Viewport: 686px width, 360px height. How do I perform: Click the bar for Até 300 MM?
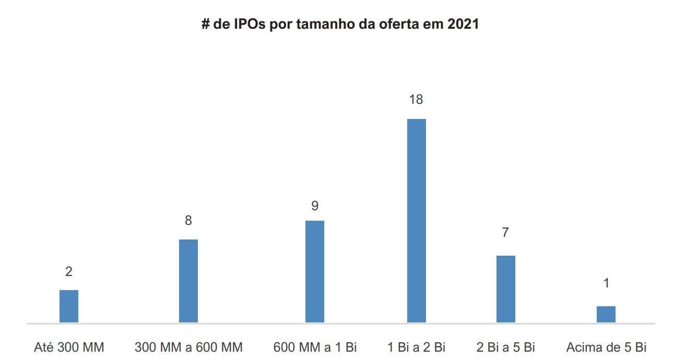pos(69,306)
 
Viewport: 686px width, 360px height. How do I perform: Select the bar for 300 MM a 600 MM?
pos(188,281)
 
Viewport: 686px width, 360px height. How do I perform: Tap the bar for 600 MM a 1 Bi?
pos(315,271)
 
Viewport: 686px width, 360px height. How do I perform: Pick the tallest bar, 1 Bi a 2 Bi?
pos(416,221)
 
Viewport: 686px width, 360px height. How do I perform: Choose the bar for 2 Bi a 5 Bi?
pos(505,289)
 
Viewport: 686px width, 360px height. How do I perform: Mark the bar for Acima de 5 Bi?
pos(606,314)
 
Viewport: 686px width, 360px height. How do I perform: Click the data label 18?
pos(416,99)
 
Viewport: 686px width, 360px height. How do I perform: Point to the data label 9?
pos(315,206)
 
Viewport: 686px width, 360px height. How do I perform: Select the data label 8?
pos(188,221)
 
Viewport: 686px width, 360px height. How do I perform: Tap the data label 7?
pos(505,233)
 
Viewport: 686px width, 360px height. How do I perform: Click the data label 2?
pos(69,272)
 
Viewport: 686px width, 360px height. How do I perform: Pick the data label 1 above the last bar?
pos(606,283)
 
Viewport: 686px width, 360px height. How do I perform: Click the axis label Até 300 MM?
pos(69,347)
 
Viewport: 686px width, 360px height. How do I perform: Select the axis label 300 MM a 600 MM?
pos(188,347)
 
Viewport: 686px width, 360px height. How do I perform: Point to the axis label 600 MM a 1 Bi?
pos(315,347)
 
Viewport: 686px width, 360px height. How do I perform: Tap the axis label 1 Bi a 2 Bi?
pos(416,347)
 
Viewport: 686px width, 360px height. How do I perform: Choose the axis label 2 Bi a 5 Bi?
pos(505,347)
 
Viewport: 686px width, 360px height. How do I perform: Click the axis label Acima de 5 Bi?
pos(606,347)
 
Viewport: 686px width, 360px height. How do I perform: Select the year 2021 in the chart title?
pos(463,25)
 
